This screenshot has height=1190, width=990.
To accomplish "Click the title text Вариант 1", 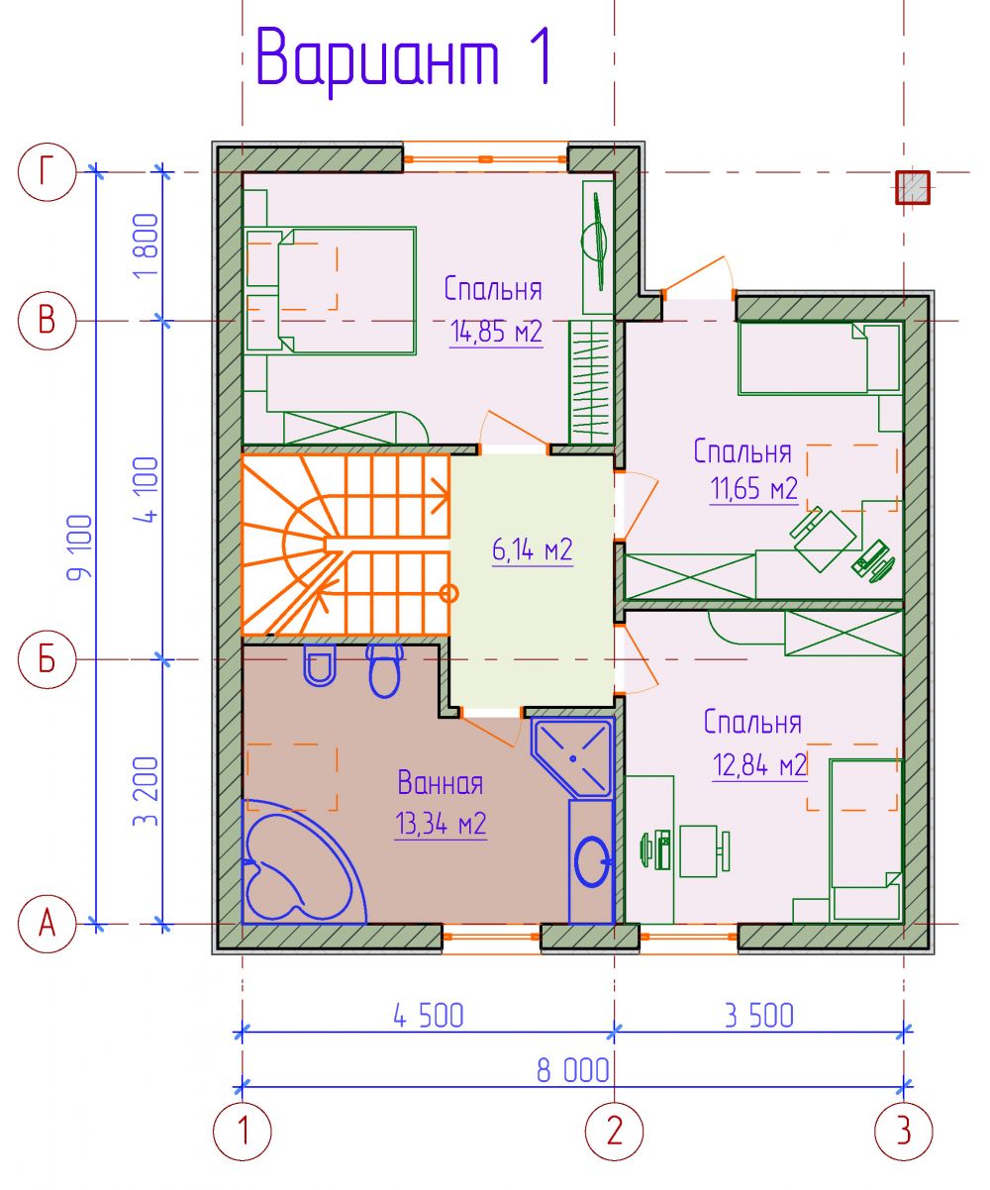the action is click(x=404, y=58).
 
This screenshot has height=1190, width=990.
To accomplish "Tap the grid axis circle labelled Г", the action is click(x=47, y=171).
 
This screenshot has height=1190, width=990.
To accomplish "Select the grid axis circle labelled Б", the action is click(x=47, y=660).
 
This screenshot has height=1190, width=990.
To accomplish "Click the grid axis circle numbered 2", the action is click(x=615, y=1131).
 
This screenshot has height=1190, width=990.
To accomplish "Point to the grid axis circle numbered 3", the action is click(x=904, y=1131).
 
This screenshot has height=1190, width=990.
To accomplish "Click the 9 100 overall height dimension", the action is click(x=80, y=547).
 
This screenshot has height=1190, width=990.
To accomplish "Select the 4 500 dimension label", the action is click(x=429, y=1016).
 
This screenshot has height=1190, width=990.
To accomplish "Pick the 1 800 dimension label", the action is click(x=146, y=246).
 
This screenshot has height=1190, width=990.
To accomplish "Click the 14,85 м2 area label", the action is click(x=496, y=332).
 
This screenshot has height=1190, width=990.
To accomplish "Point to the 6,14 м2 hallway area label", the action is click(x=533, y=550).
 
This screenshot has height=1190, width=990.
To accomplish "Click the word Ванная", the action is click(x=441, y=782).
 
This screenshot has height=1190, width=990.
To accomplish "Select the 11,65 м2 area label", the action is click(x=754, y=488).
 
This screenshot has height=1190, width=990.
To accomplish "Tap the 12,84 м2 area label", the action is click(x=759, y=765).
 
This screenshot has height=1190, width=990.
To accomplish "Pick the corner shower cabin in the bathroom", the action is click(x=572, y=757).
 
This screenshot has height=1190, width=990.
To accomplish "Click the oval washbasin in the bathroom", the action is click(x=592, y=861).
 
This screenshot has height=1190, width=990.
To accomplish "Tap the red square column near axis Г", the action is click(x=913, y=187).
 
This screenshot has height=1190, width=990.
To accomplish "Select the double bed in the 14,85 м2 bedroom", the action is click(x=331, y=291).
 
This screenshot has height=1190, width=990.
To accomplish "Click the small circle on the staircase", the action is click(x=449, y=593).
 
